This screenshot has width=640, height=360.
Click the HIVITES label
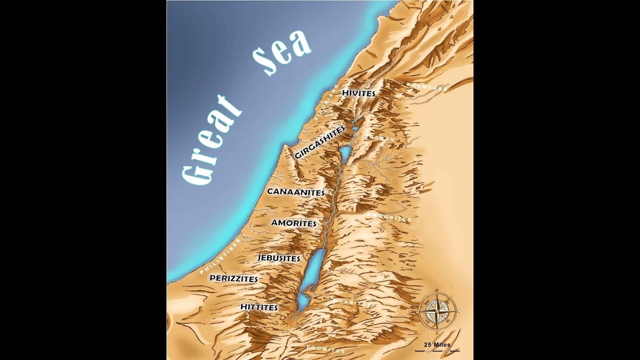pos(358,93)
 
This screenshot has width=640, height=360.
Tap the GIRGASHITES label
pos(320,142)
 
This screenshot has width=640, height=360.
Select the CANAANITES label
pos(296,192)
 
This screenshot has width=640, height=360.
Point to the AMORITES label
pos(294,223)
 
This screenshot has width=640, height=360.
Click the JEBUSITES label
pos(279,258)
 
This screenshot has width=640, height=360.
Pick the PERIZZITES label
pos(234,278)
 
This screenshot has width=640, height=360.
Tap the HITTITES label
pos(259,307)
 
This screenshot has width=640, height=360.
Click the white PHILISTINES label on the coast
pos(220,256)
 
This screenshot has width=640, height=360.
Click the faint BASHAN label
pos(380,137)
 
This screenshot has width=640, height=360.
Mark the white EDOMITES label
pos(326,348)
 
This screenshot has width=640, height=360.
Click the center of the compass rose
pos(436,310)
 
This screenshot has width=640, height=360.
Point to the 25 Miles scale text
pos(437,345)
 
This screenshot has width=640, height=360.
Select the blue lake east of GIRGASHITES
pos(345,151)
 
